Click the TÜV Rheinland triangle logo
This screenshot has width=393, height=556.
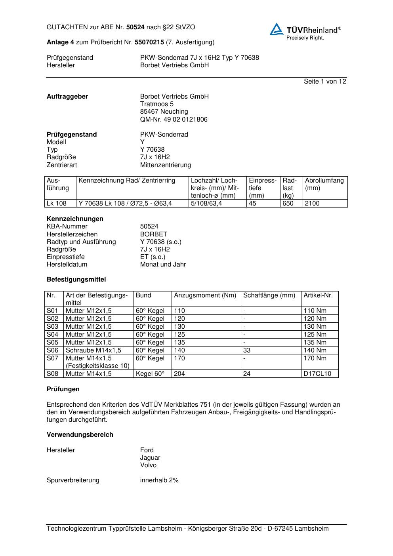click(277, 29)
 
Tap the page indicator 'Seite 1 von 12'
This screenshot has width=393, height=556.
click(325, 81)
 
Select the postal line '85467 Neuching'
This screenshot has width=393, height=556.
click(164, 112)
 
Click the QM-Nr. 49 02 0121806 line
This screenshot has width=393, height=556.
click(174, 119)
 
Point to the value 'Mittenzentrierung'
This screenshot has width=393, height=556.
click(165, 165)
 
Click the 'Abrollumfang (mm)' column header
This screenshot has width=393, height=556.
click(324, 184)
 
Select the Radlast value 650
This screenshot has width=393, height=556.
click(288, 204)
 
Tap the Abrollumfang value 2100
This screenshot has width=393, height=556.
click(312, 204)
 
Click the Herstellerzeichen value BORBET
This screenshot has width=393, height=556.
click(154, 234)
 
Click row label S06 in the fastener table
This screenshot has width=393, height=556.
click(52, 350)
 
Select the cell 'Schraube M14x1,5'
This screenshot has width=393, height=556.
click(93, 350)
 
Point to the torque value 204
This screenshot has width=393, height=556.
click(179, 373)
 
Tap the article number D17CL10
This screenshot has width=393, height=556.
click(317, 373)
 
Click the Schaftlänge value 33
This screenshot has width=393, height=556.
click(247, 350)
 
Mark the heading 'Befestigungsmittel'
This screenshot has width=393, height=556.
click(76, 280)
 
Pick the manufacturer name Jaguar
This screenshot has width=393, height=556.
click(150, 458)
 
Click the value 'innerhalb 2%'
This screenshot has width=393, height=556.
click(159, 480)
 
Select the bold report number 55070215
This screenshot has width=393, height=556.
click(149, 42)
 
